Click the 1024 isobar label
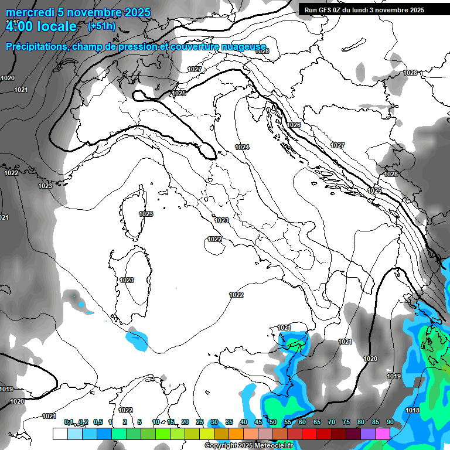point(242,147)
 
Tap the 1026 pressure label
point(294,125)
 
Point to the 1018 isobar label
point(412,410)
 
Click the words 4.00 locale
point(41,26)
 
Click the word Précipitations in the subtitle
point(36,46)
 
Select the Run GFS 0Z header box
point(369,9)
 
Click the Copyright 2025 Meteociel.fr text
point(248,446)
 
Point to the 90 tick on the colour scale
point(390,422)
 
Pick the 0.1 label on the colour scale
point(69,422)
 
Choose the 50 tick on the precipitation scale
point(273,422)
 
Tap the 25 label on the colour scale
point(200,422)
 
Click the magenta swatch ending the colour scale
point(382,434)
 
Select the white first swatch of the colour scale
point(60,434)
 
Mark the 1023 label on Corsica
point(146,214)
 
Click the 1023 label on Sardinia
point(127,280)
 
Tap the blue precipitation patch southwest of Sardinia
point(138,340)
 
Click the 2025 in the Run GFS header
point(415,9)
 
